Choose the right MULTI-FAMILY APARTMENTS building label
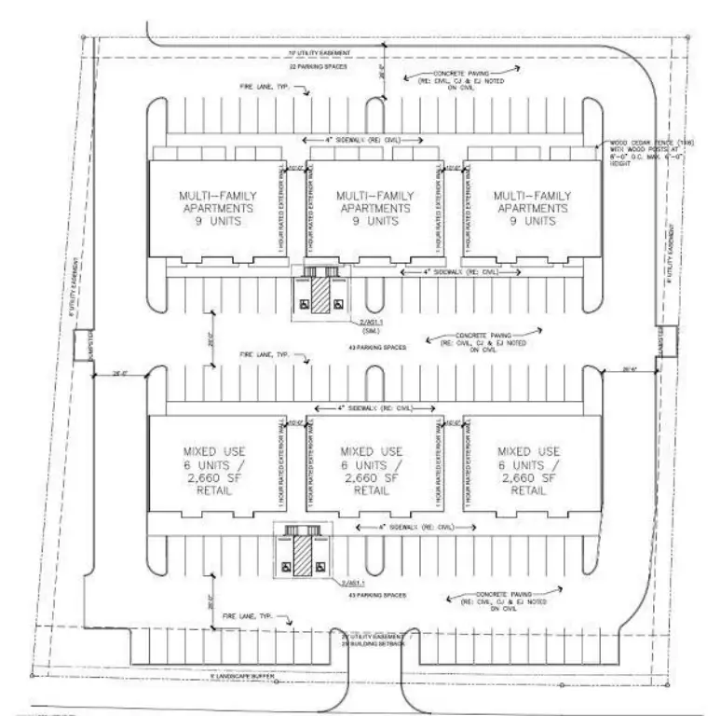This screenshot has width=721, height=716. click(x=529, y=210)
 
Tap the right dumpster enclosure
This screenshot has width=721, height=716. click(x=659, y=343)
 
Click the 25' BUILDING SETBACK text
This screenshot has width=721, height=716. click(x=371, y=642)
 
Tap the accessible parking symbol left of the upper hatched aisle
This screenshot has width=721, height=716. click(x=305, y=304)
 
